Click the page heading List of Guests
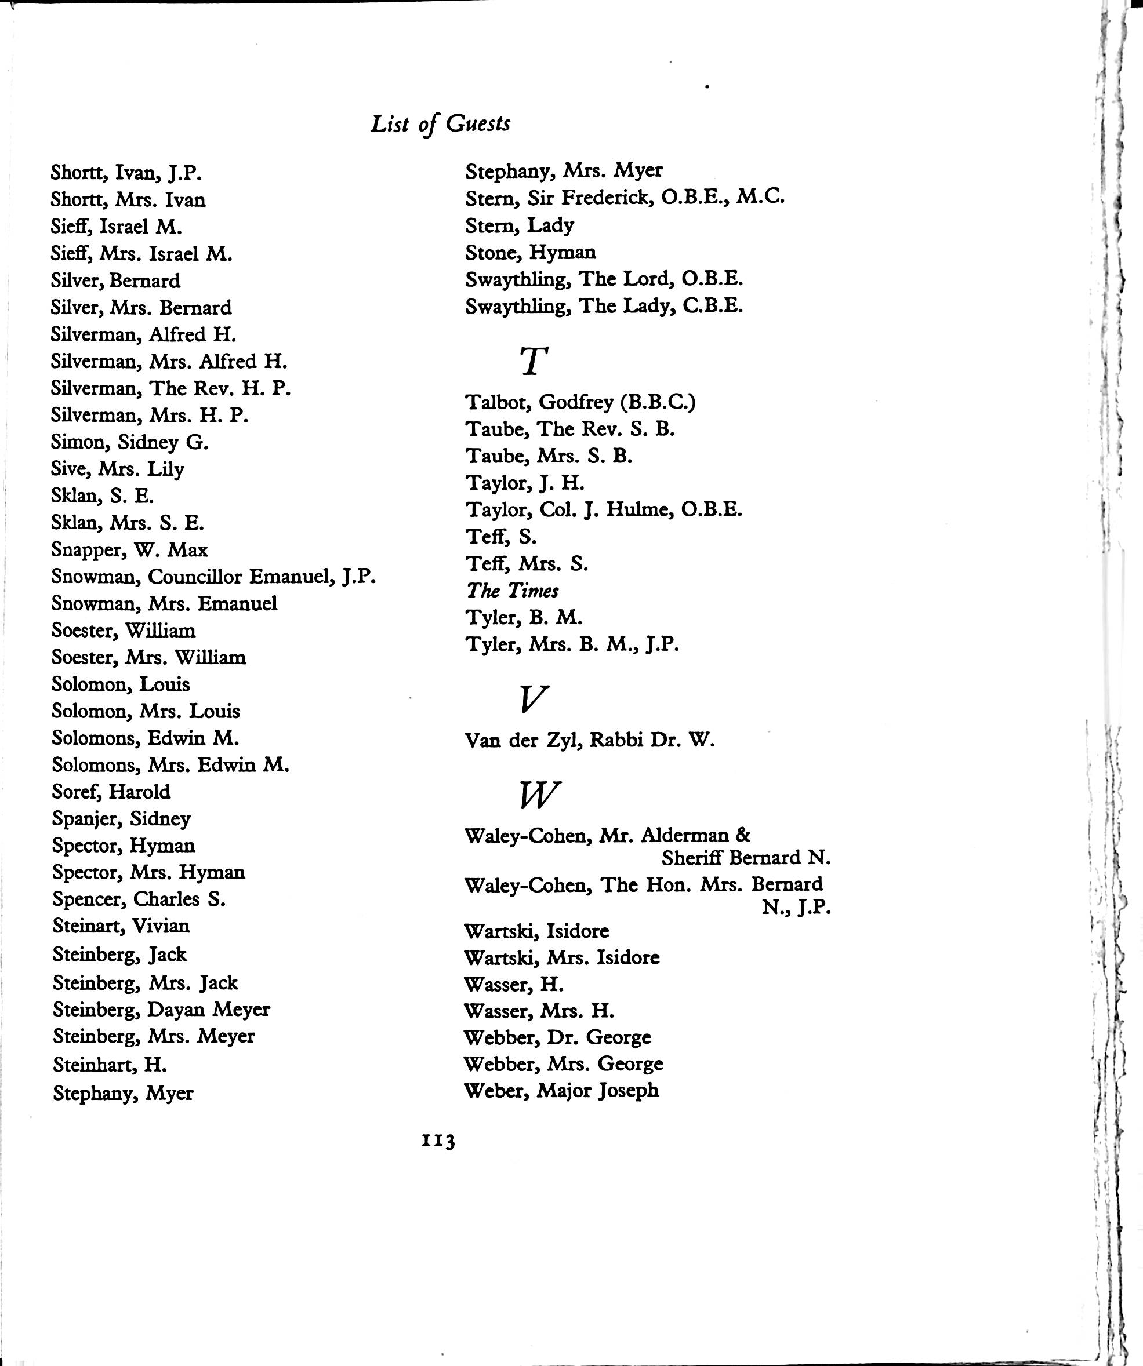(x=440, y=123)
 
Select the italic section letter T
(x=534, y=362)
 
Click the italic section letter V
(x=534, y=698)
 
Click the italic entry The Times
(x=512, y=591)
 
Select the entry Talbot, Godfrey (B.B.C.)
(x=580, y=403)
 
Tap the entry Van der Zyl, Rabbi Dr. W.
(x=589, y=740)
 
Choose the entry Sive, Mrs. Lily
(x=117, y=469)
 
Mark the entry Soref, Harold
(x=111, y=792)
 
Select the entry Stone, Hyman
(x=530, y=252)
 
